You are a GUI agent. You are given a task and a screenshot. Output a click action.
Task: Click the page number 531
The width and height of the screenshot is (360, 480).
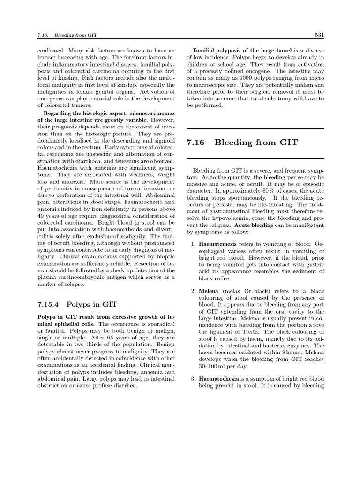319,35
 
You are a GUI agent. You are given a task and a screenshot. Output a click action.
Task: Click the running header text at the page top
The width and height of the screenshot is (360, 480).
66,35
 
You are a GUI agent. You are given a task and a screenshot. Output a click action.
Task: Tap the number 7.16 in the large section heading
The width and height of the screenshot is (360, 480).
196,142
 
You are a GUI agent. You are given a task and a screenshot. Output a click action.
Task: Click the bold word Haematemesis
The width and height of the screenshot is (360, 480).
217,245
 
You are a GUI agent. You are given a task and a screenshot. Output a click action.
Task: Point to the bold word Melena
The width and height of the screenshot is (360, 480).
210,291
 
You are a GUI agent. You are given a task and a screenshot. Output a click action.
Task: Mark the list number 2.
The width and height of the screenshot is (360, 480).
193,291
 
